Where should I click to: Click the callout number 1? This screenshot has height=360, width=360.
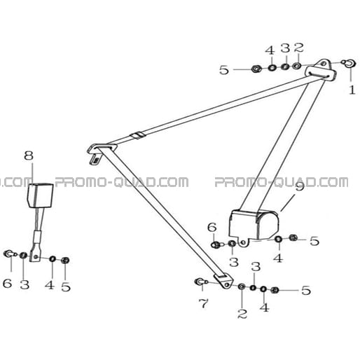[x=352, y=90]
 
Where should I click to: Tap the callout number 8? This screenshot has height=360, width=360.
[x=29, y=155]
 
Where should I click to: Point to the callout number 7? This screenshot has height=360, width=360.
[x=203, y=303]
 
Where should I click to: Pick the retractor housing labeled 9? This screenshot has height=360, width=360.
[x=254, y=225]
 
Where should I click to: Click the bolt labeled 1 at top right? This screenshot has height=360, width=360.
[x=349, y=63]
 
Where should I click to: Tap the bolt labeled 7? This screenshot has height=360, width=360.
[x=200, y=282]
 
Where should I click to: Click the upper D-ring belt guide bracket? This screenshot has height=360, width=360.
[x=321, y=70]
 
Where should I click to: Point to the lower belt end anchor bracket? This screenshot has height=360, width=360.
[x=224, y=281]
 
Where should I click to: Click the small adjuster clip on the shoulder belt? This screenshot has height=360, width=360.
[x=138, y=135]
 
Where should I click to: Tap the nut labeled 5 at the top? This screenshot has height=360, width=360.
[x=256, y=69]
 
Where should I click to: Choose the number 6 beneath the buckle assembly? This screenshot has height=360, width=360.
[x=7, y=283]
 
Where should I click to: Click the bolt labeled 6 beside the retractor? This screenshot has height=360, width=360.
[x=216, y=244]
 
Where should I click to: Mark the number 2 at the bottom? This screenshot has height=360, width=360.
[x=242, y=314]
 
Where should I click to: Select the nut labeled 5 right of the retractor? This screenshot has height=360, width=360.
[x=293, y=238]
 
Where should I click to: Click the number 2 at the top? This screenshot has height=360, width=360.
[x=299, y=48]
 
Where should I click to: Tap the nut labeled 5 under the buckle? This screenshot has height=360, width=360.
[x=65, y=260]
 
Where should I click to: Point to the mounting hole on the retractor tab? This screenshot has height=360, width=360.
[x=244, y=242]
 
